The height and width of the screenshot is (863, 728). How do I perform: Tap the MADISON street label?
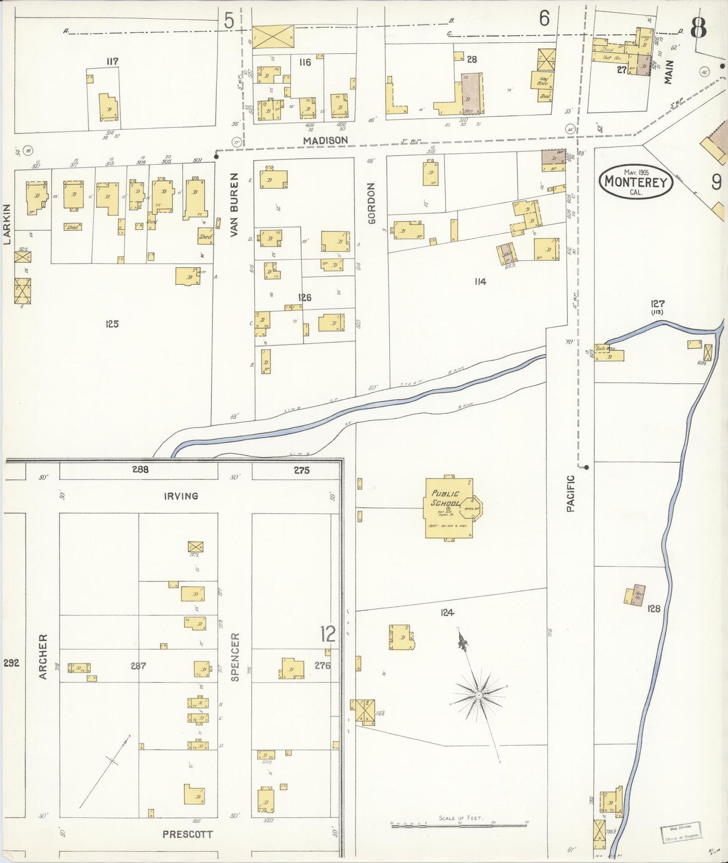tap(325, 140)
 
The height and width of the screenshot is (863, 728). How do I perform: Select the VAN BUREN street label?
tap(233, 204)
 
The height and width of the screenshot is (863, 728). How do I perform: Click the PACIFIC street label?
tap(570, 493)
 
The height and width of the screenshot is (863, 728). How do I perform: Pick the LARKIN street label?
tap(7, 224)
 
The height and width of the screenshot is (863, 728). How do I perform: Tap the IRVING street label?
tap(181, 496)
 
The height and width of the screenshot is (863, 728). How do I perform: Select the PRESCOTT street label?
tap(187, 834)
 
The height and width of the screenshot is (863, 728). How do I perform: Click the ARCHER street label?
tap(43, 656)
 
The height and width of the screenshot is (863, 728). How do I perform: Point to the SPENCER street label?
tap(235, 657)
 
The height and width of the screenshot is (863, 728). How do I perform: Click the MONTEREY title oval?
tap(636, 182)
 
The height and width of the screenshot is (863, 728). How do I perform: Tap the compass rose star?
tap(478, 695)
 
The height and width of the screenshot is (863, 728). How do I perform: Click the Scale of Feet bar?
tap(458, 825)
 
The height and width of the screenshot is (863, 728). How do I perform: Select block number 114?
tap(480, 281)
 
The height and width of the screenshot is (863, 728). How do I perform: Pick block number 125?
tap(112, 324)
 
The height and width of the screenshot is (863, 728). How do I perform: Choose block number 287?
tap(138, 666)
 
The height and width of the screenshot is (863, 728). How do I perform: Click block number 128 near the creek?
tap(653, 609)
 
